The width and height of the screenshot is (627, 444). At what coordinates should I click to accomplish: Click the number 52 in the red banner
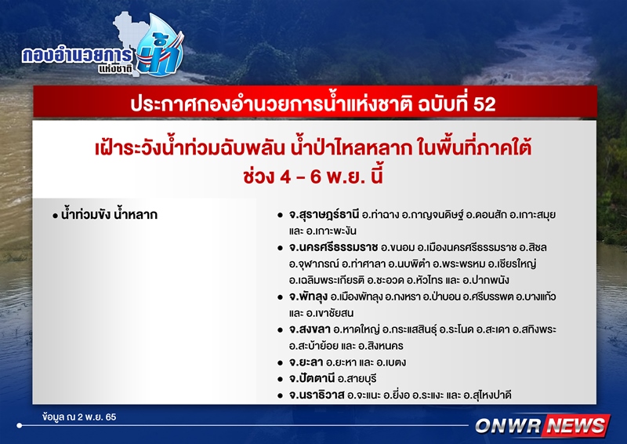pos(484,104)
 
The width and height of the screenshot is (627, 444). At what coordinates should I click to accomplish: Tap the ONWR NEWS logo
pos(542,425)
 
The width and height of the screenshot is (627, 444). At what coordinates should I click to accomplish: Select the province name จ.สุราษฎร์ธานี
pos(324,215)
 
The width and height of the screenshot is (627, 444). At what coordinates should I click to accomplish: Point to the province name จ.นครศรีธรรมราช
pos(333,247)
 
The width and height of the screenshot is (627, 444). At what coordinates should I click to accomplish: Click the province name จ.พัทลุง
pos(308,297)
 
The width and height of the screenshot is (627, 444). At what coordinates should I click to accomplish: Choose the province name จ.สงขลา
pos(310,329)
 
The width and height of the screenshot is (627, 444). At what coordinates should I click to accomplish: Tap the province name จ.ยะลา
pos(306,362)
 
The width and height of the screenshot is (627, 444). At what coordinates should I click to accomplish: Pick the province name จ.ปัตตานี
pos(312,378)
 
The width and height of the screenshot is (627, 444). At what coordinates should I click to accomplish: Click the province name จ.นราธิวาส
pos(317,395)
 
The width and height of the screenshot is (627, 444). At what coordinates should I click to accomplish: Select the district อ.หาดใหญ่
pos(357,329)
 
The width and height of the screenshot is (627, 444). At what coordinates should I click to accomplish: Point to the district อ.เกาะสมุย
pos(533,215)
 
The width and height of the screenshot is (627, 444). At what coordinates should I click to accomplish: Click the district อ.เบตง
pos(391,362)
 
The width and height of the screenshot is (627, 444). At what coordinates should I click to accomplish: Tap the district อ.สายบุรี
pos(357,378)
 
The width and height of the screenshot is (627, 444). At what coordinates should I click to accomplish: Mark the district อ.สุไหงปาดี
pos(487,395)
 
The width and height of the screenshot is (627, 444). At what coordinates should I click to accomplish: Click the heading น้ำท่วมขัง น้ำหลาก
pos(109,215)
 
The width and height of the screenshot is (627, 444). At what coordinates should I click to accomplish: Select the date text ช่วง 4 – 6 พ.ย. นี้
pos(313,176)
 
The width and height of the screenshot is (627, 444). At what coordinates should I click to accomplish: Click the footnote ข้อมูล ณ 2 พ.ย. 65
pos(79,417)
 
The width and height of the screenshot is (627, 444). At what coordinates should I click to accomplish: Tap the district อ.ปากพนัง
pos(485,280)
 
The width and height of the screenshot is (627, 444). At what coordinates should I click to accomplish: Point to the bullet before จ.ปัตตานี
pos(281,379)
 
